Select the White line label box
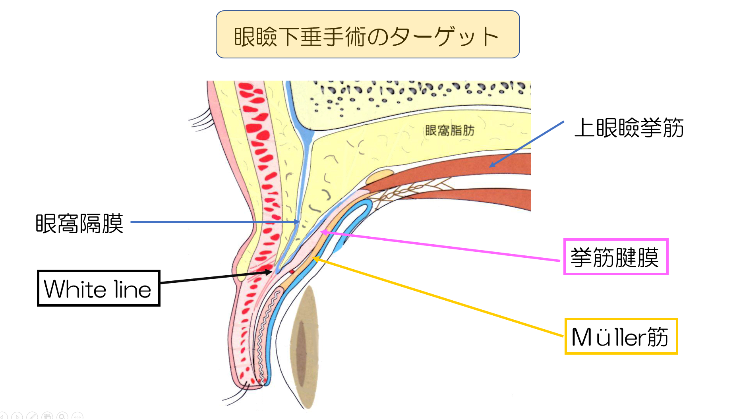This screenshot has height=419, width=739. tap(99, 288)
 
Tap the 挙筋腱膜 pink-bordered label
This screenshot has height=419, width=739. tap(615, 257)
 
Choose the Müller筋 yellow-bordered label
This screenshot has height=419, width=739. tap(621, 336)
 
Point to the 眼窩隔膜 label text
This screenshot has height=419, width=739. tap(79, 223)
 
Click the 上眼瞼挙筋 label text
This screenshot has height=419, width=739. tap(629, 128)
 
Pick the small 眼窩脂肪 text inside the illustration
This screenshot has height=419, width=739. tap(449, 130)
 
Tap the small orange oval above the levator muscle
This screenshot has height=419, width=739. tap(380, 176)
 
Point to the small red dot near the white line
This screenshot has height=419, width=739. tap(292, 272)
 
